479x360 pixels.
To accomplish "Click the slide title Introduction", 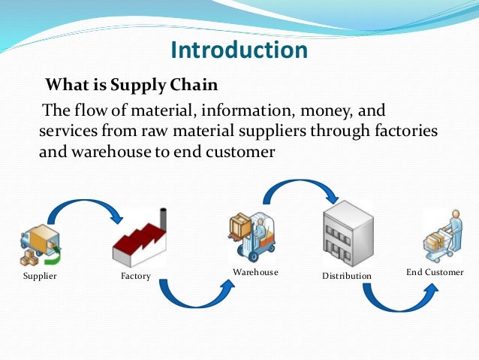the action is click(x=239, y=50).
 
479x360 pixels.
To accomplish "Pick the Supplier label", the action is click(x=40, y=277).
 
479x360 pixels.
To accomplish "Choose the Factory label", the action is click(x=135, y=277).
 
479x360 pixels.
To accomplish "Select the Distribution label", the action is click(x=347, y=276).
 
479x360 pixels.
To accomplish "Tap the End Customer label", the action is click(x=435, y=271).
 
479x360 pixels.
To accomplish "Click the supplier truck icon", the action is click(x=40, y=244).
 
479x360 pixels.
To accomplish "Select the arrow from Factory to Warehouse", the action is click(x=191, y=297).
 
